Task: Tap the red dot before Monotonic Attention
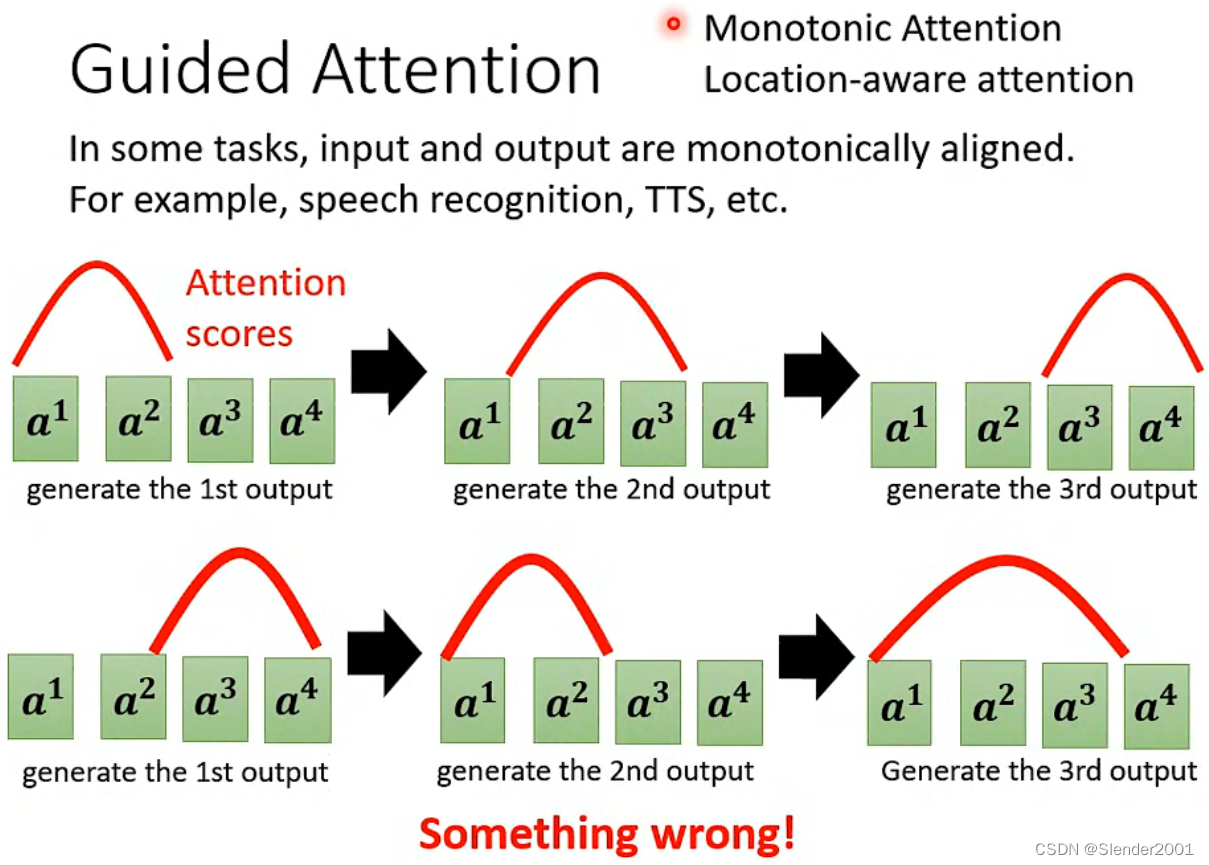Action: tap(675, 25)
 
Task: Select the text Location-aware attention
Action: tap(918, 79)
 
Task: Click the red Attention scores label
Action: tap(265, 307)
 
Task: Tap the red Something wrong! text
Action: tap(607, 832)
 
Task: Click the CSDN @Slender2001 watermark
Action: tap(1114, 849)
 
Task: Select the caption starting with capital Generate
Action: tap(1038, 772)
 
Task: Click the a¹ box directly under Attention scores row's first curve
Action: tap(45, 419)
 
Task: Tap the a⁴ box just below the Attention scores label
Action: tap(302, 420)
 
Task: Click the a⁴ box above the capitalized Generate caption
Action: tap(1156, 706)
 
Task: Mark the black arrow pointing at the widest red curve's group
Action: tap(816, 656)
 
